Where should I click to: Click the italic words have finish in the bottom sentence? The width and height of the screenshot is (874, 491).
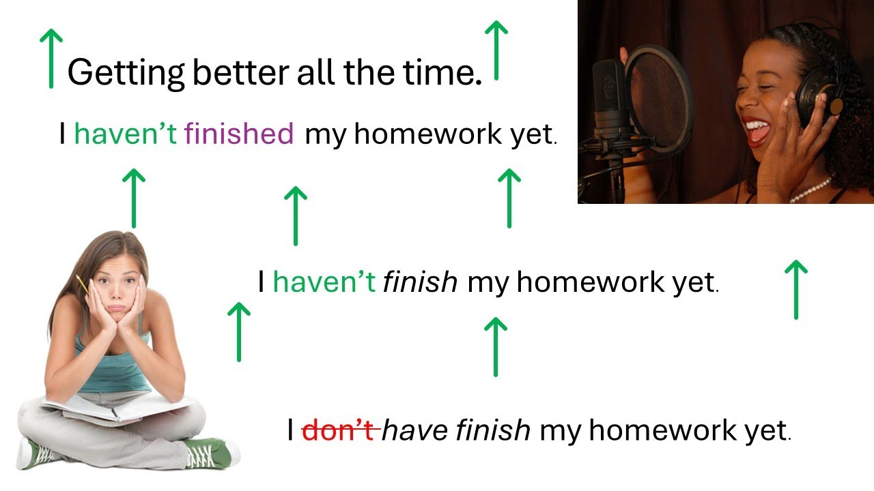point(456,430)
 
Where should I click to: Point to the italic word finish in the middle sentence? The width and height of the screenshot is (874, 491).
point(420,282)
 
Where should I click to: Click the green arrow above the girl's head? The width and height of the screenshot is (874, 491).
point(134,198)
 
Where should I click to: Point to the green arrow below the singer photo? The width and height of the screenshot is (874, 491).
point(795,289)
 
